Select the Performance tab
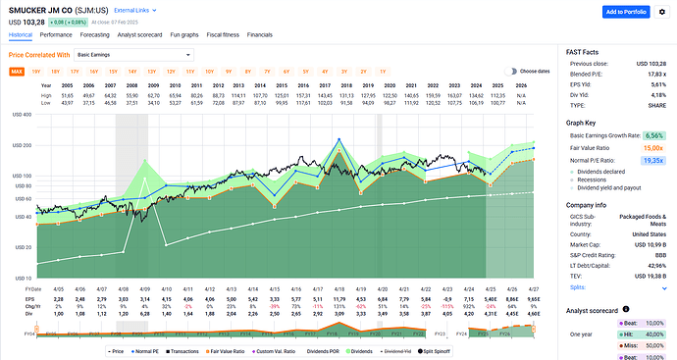point(56,33)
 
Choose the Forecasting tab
point(96,33)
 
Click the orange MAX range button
point(17,72)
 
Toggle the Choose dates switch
point(510,71)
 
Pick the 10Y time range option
point(209,72)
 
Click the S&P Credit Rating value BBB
point(657,253)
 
